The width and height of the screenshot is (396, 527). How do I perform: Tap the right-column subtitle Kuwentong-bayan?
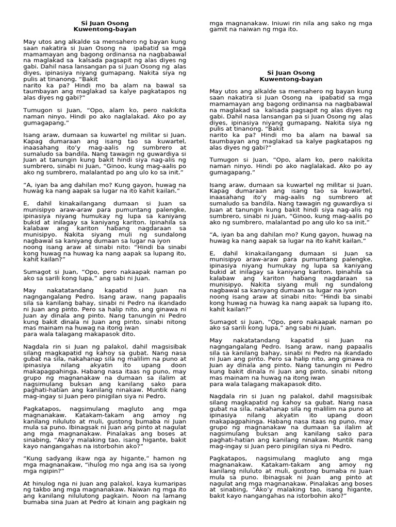[291, 80]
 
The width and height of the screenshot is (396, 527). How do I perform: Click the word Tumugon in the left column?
[38, 110]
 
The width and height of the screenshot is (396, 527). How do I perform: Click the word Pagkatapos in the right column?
[227, 443]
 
